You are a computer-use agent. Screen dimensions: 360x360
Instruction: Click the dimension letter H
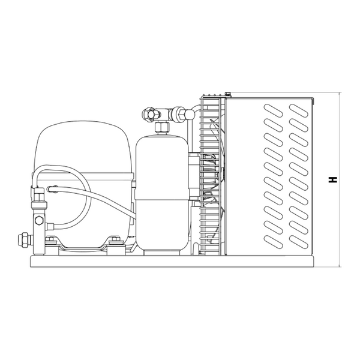tap(332, 180)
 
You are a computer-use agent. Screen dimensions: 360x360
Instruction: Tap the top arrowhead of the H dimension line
tap(340, 94)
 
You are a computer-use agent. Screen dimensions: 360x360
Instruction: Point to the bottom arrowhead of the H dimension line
tap(340, 266)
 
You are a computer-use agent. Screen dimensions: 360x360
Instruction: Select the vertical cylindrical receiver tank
tap(162, 193)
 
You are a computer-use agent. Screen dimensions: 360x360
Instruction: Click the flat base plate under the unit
tap(172, 261)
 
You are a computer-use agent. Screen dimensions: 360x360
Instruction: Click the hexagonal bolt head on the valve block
tap(39, 220)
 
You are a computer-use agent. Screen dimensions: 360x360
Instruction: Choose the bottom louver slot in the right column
tap(298, 242)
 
